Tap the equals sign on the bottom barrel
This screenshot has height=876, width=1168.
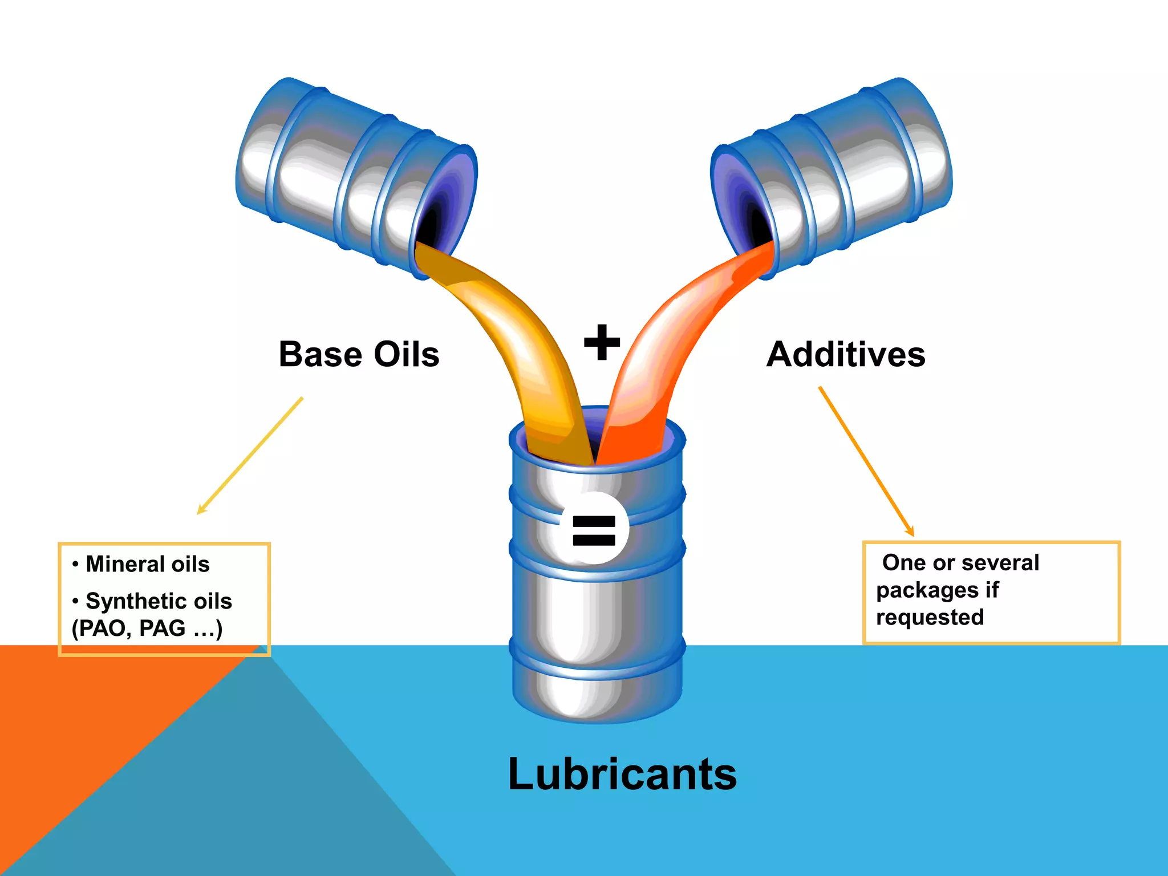tap(594, 530)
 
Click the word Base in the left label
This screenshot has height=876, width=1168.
tap(320, 354)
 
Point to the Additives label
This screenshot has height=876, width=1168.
tap(845, 354)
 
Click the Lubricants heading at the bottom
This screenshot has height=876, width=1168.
tap(622, 774)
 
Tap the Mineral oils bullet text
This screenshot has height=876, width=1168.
tap(148, 564)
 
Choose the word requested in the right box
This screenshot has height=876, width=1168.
tap(930, 617)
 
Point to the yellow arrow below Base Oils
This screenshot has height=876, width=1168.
tap(250, 456)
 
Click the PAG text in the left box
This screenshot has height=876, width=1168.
tap(163, 628)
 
